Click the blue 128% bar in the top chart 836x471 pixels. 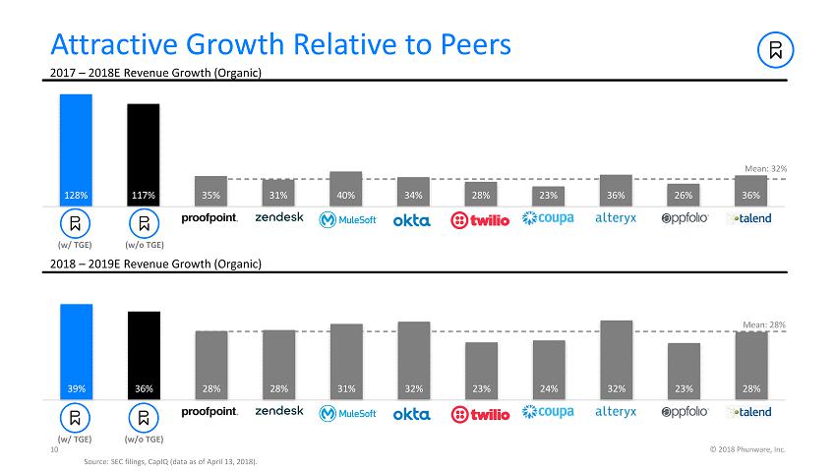pyautogui.click(x=76, y=147)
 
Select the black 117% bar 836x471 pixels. pyautogui.click(x=144, y=152)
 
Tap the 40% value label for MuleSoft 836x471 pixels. pyautogui.click(x=346, y=196)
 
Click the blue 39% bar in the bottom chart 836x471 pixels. pyautogui.click(x=76, y=349)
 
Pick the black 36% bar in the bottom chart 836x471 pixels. pyautogui.click(x=144, y=354)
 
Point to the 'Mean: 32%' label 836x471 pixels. pyautogui.click(x=765, y=169)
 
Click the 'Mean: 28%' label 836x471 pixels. pyautogui.click(x=765, y=324)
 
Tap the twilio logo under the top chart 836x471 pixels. pyautogui.click(x=480, y=219)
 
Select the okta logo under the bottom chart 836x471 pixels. pyautogui.click(x=412, y=414)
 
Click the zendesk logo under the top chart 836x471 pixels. pyautogui.click(x=279, y=217)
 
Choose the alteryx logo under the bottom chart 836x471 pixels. pyautogui.click(x=616, y=412)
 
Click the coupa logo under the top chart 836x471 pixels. pyautogui.click(x=548, y=218)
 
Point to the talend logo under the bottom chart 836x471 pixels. pyautogui.click(x=749, y=412)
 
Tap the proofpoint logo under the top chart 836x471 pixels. pyautogui.click(x=210, y=218)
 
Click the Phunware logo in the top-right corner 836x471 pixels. pyautogui.click(x=776, y=50)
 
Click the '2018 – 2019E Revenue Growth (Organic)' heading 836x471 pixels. pyautogui.click(x=155, y=264)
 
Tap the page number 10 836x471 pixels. pyautogui.click(x=54, y=449)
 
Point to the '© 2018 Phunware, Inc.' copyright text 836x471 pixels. pyautogui.click(x=747, y=449)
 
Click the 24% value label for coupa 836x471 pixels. pyautogui.click(x=548, y=388)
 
